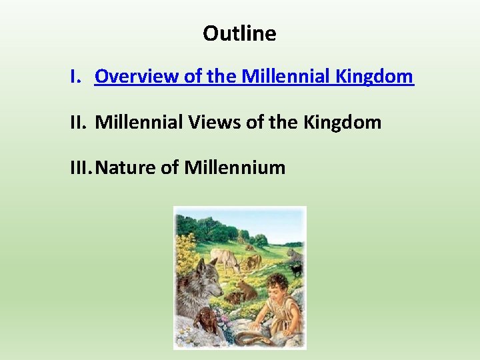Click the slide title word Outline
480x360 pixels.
click(239, 33)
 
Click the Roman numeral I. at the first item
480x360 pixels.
click(77, 77)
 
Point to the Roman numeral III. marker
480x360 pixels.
click(81, 167)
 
